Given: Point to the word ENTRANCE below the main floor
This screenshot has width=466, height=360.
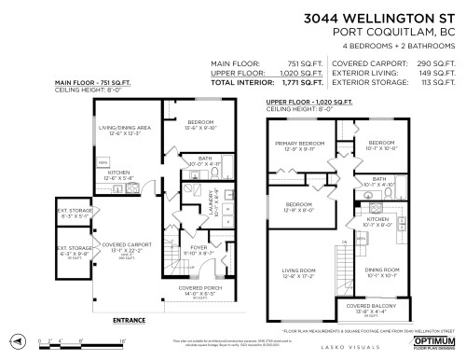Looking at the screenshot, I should pos(130,321).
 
